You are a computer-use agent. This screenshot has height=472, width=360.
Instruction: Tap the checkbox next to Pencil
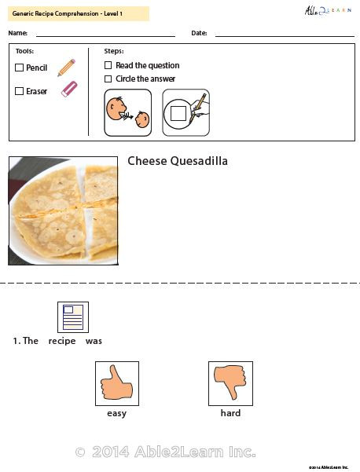[20, 68]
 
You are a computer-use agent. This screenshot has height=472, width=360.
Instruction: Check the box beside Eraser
[20, 91]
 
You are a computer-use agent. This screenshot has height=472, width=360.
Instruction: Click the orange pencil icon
[66, 68]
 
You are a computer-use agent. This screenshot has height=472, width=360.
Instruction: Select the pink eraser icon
[69, 89]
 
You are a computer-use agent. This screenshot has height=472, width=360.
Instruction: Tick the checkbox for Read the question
[108, 66]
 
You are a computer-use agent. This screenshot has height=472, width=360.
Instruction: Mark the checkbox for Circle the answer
[108, 79]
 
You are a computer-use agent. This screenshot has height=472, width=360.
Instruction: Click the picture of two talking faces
[128, 112]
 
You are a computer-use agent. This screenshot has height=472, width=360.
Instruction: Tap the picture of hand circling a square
[186, 112]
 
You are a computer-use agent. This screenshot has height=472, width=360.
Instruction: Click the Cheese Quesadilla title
[178, 161]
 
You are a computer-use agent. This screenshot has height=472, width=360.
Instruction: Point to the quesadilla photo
[62, 210]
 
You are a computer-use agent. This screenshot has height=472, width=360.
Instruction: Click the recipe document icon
[72, 317]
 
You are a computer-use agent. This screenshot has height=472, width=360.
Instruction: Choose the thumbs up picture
[116, 383]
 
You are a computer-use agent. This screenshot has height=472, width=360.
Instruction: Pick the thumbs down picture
[230, 383]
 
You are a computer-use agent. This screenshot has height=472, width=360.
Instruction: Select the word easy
[116, 413]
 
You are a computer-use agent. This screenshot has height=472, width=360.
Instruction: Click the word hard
[230, 413]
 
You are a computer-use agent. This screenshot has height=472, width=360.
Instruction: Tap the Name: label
[18, 33]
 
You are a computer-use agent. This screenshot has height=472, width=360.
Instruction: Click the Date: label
[199, 33]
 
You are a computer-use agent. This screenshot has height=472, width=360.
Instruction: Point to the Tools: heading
[25, 50]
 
